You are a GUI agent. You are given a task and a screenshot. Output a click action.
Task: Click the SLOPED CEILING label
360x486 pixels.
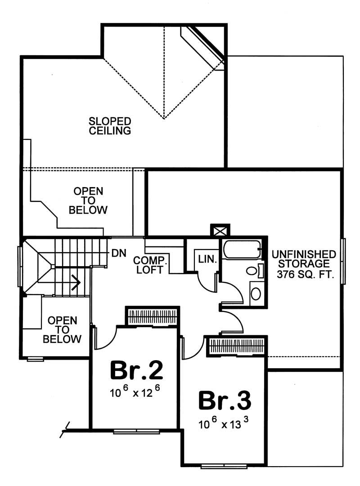click(110, 126)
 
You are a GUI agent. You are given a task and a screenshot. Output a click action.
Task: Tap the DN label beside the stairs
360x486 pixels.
click(118, 253)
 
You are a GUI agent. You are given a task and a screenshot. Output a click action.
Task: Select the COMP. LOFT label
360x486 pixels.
click(150, 265)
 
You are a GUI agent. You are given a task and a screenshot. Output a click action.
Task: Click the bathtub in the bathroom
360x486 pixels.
click(242, 250)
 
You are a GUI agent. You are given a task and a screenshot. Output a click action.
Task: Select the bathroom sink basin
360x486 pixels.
click(255, 294)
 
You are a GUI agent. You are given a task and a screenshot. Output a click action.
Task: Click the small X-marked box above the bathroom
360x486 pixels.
click(220, 231)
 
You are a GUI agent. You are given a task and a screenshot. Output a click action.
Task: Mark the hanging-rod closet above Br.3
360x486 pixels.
click(236, 346)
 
